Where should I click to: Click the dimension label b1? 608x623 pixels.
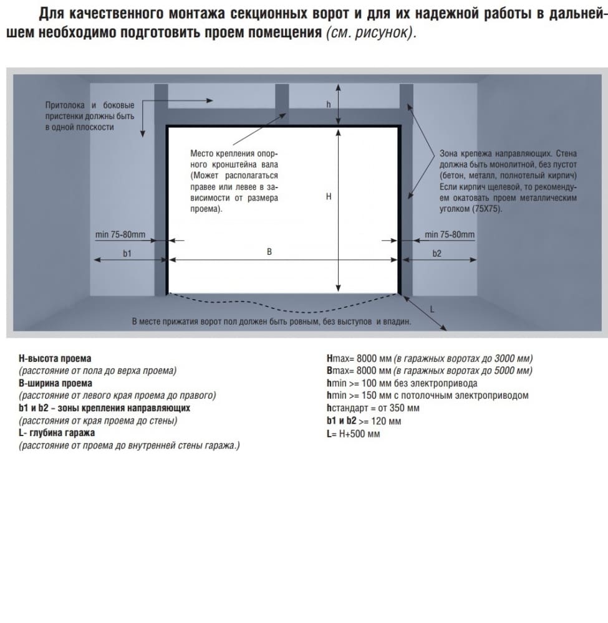127,253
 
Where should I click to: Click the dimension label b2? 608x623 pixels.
437,253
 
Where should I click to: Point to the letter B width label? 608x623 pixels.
269,252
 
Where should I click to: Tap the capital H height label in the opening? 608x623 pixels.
328,196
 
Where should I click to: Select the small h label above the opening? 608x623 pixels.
329,105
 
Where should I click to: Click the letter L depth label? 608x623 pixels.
432,309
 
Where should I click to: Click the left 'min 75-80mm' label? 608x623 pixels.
120,234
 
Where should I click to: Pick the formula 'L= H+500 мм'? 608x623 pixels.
353,434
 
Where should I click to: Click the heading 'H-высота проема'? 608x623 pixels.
55,358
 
